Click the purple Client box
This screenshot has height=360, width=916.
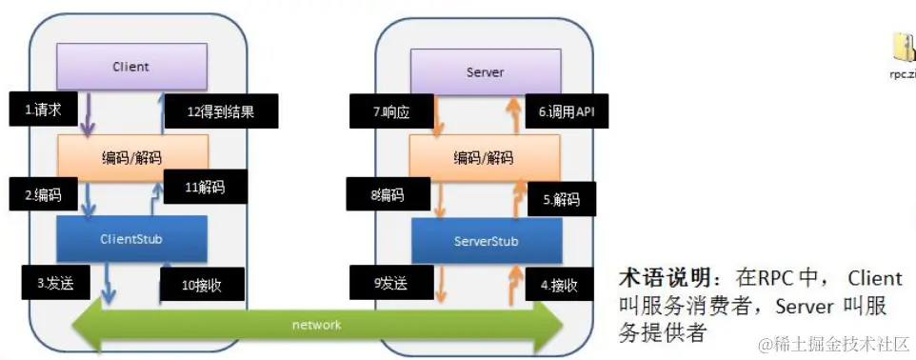coord(131,68)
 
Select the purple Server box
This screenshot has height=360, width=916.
coord(485,72)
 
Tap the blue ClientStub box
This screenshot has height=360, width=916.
coord(131,238)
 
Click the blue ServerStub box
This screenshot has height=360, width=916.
coord(485,241)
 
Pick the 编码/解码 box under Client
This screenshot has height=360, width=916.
coord(131,156)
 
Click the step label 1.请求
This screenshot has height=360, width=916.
coord(44,110)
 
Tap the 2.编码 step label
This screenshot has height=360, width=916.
coord(44,195)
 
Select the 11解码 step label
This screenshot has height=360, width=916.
coord(205,187)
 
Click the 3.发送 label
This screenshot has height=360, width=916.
coord(55,283)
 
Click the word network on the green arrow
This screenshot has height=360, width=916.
coord(316,325)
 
